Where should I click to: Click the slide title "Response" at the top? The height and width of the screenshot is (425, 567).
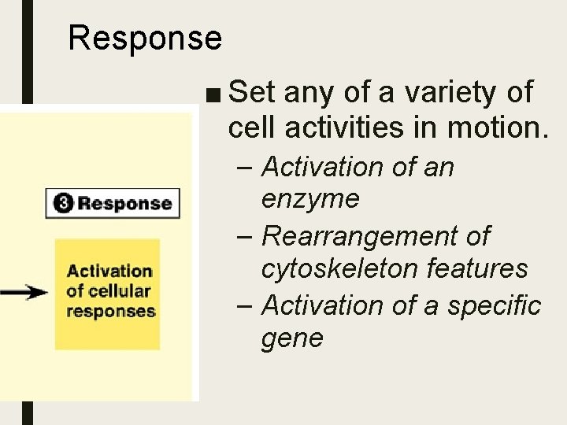[145, 38]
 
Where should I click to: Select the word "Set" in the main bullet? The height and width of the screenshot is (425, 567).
[251, 93]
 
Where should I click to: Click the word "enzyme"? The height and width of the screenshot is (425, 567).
[310, 199]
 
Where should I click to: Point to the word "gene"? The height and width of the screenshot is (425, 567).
[292, 338]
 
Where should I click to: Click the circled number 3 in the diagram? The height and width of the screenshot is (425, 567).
[63, 203]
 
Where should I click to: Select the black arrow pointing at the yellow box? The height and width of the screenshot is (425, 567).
[24, 292]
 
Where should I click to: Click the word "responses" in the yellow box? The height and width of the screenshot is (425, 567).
[111, 311]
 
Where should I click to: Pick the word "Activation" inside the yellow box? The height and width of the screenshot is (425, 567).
[109, 272]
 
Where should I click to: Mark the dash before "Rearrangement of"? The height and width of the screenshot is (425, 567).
[246, 236]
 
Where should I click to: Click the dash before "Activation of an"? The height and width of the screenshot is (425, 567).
[246, 168]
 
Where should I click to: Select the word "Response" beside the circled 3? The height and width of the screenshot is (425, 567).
[124, 203]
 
